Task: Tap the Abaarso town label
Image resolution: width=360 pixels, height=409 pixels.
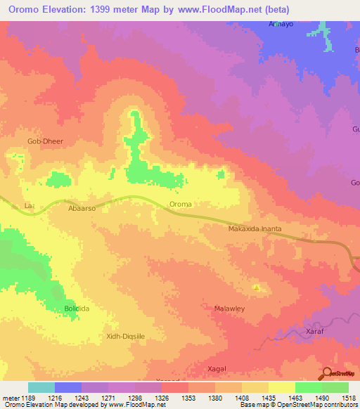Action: coord(81,209)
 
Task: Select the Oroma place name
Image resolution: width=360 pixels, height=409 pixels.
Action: coord(181,204)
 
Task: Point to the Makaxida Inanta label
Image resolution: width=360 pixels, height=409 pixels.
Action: coord(255,229)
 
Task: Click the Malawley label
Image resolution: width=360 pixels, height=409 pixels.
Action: coord(228,308)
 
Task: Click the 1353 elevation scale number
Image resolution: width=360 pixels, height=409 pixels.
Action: coord(188,398)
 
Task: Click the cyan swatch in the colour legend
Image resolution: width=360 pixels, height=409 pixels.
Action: coord(41,387)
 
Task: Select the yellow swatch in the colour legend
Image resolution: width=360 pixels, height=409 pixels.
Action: coord(282,387)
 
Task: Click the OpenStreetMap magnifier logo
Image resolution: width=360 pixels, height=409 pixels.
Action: coord(326,374)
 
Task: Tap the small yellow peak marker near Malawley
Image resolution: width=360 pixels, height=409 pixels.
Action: coord(257,287)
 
